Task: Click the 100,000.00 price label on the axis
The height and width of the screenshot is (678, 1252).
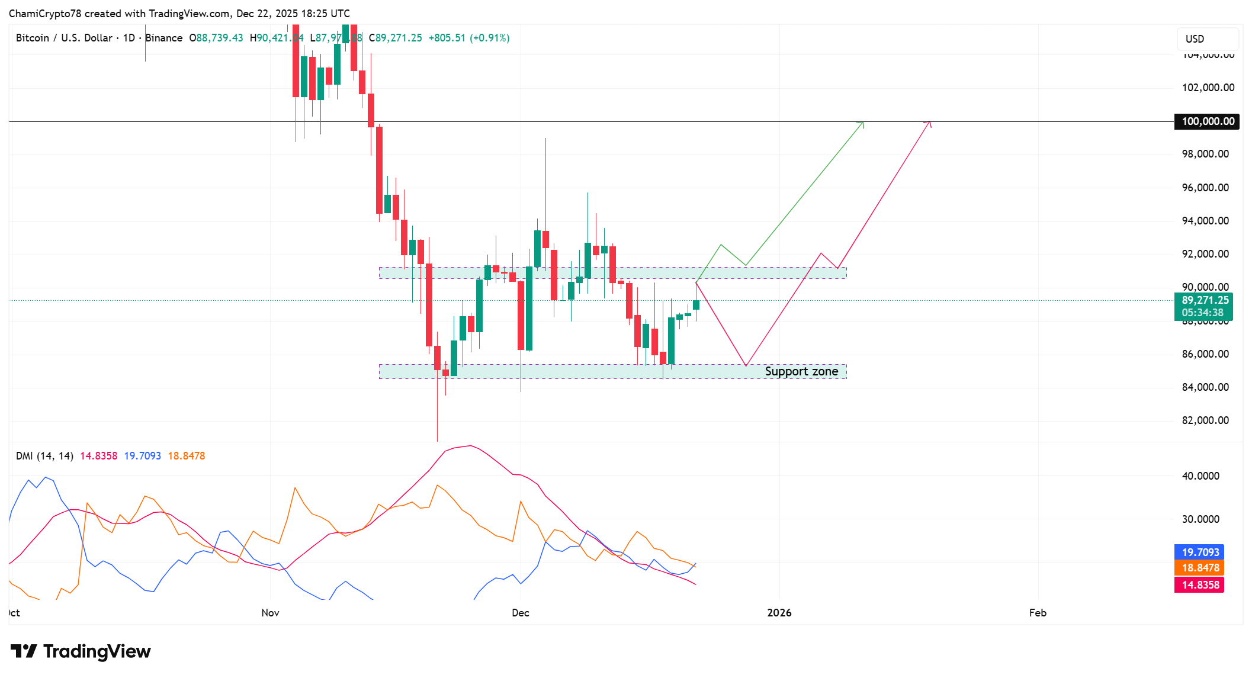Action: click(1207, 121)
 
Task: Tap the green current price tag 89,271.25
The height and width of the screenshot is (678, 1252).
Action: click(1204, 301)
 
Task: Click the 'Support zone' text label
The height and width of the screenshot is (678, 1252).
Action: click(801, 371)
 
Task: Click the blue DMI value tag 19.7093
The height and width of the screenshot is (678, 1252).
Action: click(1199, 552)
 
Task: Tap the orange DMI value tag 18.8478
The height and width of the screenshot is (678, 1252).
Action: click(1199, 568)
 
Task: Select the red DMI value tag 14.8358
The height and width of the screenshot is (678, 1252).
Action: click(1199, 585)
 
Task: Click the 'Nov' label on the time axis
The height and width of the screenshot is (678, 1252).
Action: click(270, 613)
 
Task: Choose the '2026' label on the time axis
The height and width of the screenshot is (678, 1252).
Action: click(779, 613)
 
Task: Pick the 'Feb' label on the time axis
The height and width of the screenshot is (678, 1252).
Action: click(1038, 613)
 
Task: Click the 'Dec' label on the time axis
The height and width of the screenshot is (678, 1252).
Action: click(521, 613)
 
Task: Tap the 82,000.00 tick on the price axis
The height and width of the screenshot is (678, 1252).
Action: click(1205, 420)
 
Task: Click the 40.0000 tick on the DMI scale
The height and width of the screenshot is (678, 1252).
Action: click(1200, 476)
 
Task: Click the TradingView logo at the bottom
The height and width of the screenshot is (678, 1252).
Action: click(81, 651)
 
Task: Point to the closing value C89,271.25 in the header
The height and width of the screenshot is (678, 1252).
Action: click(396, 38)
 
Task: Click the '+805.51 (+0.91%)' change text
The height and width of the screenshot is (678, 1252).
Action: click(469, 38)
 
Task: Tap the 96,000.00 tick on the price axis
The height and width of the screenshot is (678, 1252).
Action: click(1205, 188)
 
